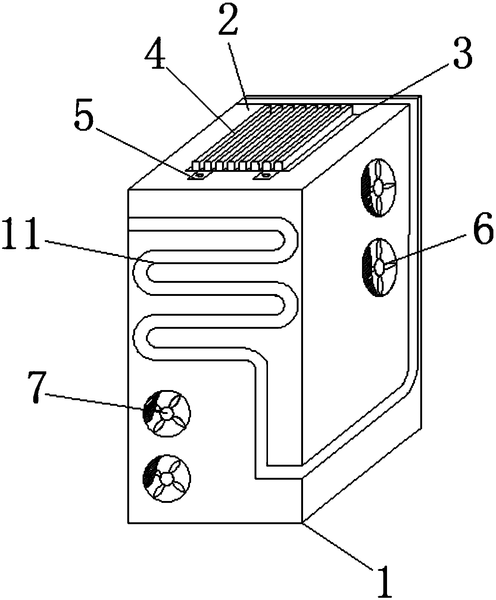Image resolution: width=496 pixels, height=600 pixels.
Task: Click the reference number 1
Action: click(385, 581)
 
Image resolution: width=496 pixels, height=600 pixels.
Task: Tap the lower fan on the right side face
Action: click(379, 267)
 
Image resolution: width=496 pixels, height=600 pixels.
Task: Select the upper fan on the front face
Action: click(166, 413)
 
